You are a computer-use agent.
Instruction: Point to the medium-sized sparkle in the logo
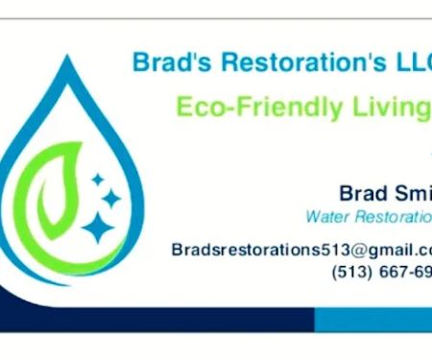point(111,198)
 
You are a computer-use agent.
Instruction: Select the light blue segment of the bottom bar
point(374,319)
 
